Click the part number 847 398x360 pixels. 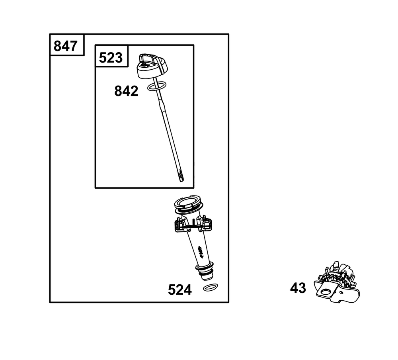coord(66,46)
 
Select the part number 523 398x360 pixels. coord(111,57)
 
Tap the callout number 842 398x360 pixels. coord(126,91)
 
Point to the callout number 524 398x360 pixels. coord(180,290)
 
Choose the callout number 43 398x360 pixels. coord(298,288)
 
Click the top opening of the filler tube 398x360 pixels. coord(188,203)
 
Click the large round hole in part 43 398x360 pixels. coord(326,292)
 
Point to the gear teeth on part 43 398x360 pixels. coord(335,278)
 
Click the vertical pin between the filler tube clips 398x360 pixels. coord(193,222)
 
